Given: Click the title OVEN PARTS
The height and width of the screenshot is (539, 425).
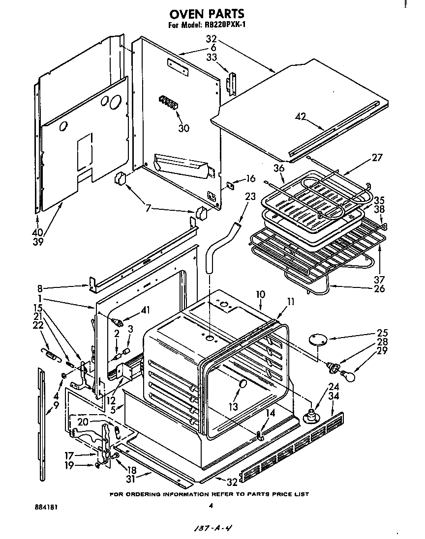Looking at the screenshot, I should click(207, 15).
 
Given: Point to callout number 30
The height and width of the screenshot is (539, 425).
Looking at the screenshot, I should click(183, 128).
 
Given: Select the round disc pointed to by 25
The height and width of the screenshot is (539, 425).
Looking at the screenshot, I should click(318, 340).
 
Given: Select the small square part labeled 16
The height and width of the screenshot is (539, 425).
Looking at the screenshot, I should click(230, 186).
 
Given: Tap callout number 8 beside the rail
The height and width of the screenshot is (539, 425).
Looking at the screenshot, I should click(39, 288).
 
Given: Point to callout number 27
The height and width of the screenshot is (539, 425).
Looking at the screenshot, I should click(377, 157).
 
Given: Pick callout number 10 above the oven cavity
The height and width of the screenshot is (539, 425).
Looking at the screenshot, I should click(260, 294).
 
